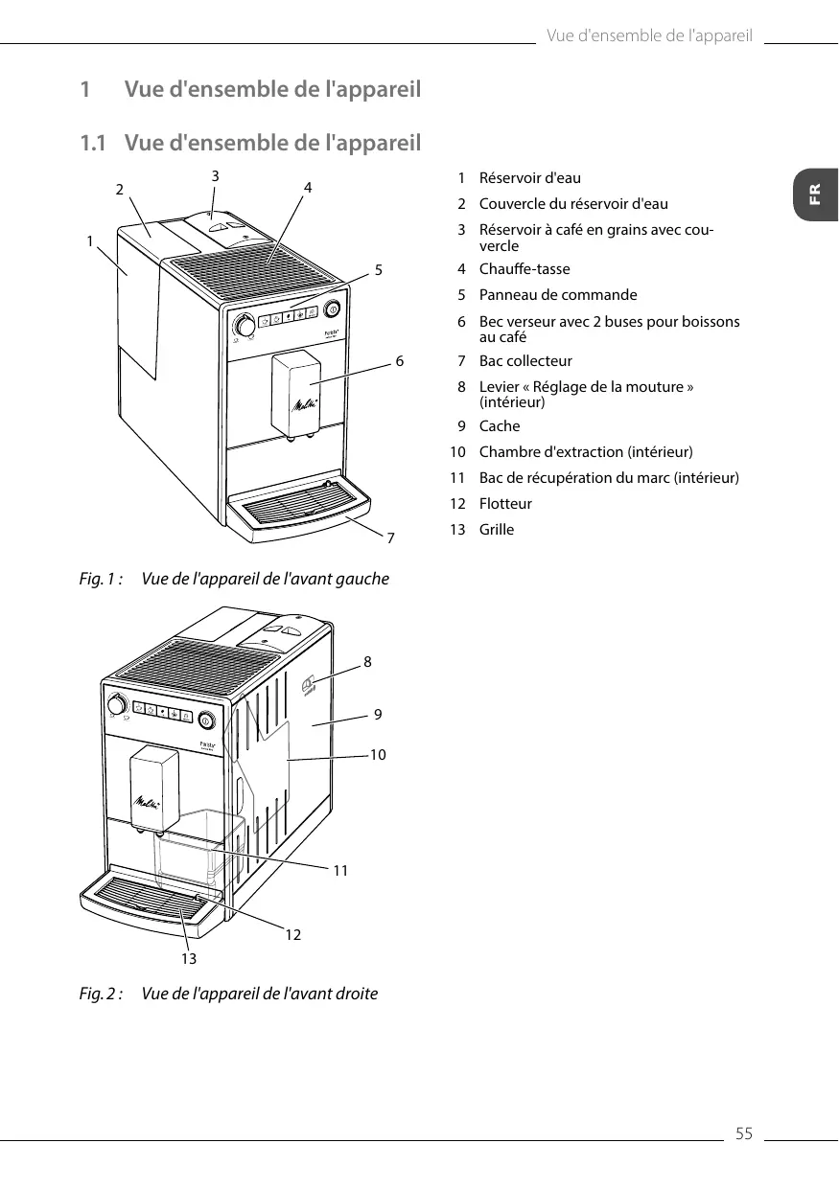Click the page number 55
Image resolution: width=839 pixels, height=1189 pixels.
(x=744, y=1134)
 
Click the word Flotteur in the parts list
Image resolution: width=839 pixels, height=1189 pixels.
(x=505, y=504)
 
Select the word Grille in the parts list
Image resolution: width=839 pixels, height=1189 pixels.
(x=497, y=530)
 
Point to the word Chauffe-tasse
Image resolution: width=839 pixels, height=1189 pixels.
(x=524, y=269)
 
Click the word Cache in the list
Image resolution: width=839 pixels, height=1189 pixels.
(x=500, y=426)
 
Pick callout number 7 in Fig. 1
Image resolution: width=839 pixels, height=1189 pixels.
(x=390, y=538)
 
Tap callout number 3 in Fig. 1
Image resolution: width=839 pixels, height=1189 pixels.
(x=216, y=175)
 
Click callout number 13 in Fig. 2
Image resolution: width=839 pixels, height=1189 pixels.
(x=188, y=958)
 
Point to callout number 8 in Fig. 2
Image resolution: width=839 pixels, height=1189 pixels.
(x=367, y=661)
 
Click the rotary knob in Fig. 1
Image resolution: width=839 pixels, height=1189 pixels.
(x=245, y=327)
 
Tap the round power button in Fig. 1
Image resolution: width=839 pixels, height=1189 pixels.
(x=333, y=309)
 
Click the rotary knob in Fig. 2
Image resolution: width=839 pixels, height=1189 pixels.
(x=118, y=705)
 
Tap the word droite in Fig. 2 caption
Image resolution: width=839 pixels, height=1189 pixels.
(x=355, y=994)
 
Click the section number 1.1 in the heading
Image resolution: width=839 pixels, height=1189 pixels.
(x=92, y=145)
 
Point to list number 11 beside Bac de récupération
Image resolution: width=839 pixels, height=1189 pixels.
(x=457, y=478)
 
